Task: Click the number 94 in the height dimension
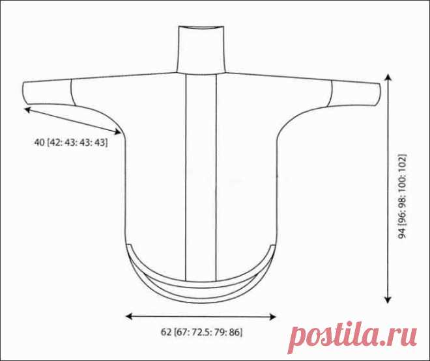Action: pyautogui.click(x=402, y=233)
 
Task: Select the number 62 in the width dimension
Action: pyautogui.click(x=166, y=332)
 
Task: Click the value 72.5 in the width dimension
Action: pyautogui.click(x=201, y=332)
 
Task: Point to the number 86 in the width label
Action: pyautogui.click(x=235, y=332)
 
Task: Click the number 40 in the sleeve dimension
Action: pyautogui.click(x=40, y=142)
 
